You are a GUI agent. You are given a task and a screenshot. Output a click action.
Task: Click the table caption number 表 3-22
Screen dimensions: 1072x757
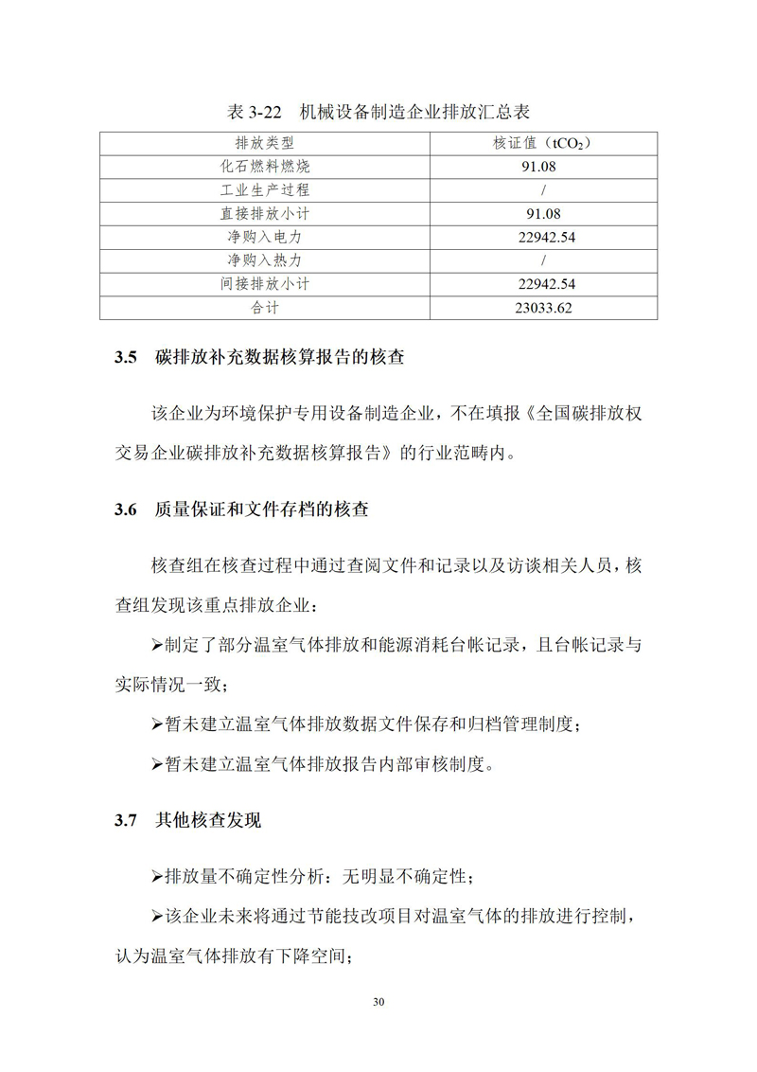click(x=255, y=112)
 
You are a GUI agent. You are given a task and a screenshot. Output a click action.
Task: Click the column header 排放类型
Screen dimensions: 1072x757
click(x=265, y=144)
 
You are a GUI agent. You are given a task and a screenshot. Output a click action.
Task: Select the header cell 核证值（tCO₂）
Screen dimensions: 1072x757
click(x=544, y=144)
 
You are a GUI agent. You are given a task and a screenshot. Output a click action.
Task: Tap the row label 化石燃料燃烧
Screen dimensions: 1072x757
click(x=265, y=167)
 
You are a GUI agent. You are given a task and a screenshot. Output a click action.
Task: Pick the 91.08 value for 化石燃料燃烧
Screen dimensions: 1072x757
click(x=544, y=167)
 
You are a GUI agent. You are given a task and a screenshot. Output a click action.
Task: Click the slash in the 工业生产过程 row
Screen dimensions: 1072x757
click(x=544, y=190)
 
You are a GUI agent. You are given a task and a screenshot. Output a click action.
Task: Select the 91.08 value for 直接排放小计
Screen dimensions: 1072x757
click(x=544, y=214)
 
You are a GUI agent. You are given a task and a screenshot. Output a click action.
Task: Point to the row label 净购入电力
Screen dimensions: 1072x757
click(x=265, y=237)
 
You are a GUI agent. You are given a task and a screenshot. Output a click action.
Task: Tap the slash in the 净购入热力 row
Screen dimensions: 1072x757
click(x=544, y=260)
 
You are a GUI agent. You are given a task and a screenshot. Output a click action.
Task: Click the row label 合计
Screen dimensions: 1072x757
click(x=265, y=308)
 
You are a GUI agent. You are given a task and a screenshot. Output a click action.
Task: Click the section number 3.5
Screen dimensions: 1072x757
click(x=127, y=359)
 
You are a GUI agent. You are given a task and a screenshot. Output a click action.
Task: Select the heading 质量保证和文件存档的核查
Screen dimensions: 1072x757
click(x=261, y=509)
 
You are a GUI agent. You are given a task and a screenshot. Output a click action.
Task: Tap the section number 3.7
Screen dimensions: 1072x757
click(x=127, y=820)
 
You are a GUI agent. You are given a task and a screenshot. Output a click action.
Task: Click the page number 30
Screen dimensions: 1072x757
click(x=378, y=1003)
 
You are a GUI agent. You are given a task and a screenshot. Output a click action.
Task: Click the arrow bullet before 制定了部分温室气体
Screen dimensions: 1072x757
click(x=157, y=645)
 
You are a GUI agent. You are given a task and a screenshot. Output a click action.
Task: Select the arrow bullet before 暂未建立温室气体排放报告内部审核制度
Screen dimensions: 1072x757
click(x=157, y=763)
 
